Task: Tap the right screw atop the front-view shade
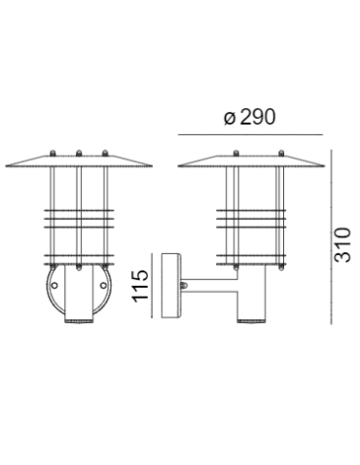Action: [104, 152]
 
